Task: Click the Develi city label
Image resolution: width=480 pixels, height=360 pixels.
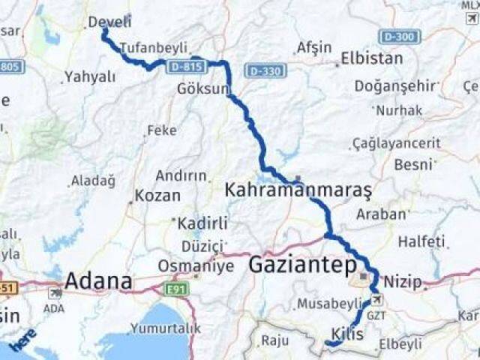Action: [x=109, y=22]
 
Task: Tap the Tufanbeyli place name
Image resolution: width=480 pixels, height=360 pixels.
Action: [x=153, y=47]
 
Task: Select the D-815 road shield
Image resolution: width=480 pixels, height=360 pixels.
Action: [x=186, y=67]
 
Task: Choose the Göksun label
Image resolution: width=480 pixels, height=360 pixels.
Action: [x=202, y=88]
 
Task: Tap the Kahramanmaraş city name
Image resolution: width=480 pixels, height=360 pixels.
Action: [x=298, y=191]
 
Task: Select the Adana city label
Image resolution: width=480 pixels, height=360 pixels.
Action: [x=98, y=282]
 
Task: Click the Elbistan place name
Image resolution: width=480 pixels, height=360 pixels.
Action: [x=371, y=58]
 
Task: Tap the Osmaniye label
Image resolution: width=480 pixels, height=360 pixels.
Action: [x=186, y=266]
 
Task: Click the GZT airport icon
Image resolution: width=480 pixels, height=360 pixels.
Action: [x=376, y=301]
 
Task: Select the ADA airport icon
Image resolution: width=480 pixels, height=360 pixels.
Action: [x=55, y=293]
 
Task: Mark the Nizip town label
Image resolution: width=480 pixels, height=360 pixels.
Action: [x=403, y=283]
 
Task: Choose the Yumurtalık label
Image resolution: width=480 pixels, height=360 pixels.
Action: [x=166, y=328]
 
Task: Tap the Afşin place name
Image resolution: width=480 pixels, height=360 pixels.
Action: [x=313, y=47]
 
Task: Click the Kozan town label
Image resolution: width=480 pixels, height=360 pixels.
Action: [x=157, y=196]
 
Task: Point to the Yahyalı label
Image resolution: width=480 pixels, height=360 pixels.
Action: [x=90, y=76]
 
